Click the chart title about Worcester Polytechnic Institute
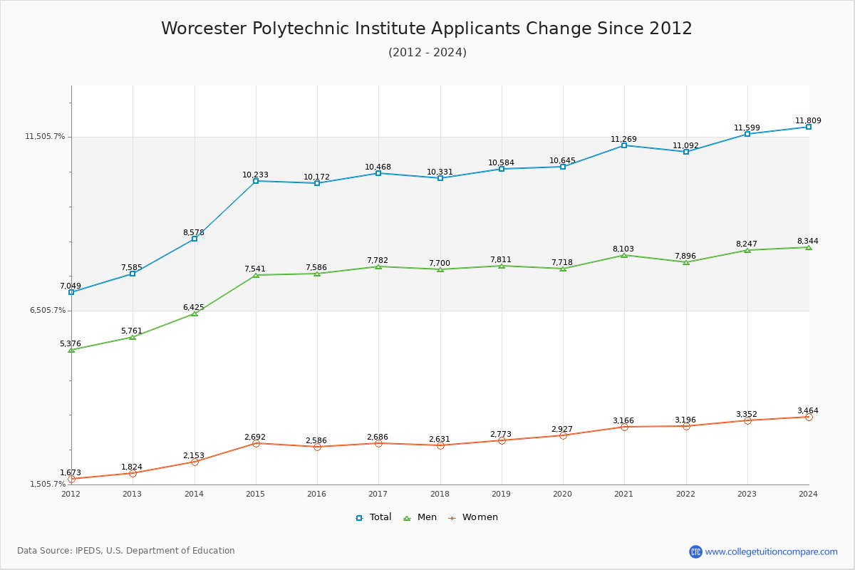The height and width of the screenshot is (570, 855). [427, 28]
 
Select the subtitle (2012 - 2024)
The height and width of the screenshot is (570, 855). [427, 53]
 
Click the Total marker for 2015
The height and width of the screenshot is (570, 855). [256, 181]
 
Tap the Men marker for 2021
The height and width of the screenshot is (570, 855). [624, 255]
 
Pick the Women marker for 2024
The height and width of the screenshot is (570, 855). [809, 417]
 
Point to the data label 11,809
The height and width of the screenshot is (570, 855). [808, 121]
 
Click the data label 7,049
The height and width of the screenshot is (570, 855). [71, 286]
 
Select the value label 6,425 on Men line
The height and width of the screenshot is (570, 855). [193, 308]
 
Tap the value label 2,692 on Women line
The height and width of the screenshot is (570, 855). [254, 437]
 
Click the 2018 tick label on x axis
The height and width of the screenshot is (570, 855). [440, 494]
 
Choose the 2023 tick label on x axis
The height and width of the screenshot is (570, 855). [747, 494]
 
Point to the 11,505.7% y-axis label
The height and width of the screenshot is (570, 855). [46, 137]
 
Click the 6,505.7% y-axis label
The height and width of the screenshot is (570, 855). [48, 311]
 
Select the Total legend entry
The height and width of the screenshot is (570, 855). [374, 517]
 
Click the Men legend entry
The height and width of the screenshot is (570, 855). [420, 517]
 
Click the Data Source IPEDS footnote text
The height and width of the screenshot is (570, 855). [126, 551]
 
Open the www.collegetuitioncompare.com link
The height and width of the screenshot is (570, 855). [771, 551]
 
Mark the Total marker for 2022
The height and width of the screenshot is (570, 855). [685, 152]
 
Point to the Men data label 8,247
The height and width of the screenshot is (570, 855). [747, 244]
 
